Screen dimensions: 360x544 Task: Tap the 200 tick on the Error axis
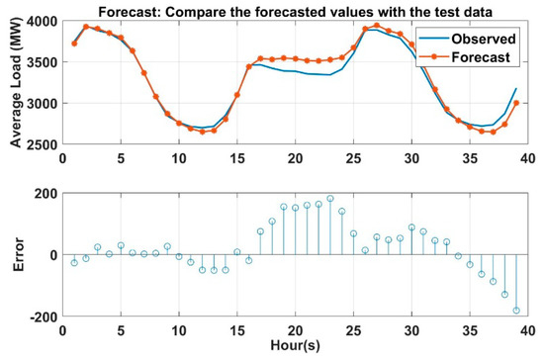(x=44, y=192)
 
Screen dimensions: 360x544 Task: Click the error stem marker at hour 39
(x=515, y=311)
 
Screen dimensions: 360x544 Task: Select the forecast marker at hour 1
(x=74, y=44)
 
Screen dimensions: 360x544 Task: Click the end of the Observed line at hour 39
(x=515, y=88)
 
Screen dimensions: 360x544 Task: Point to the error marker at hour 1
(x=74, y=262)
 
